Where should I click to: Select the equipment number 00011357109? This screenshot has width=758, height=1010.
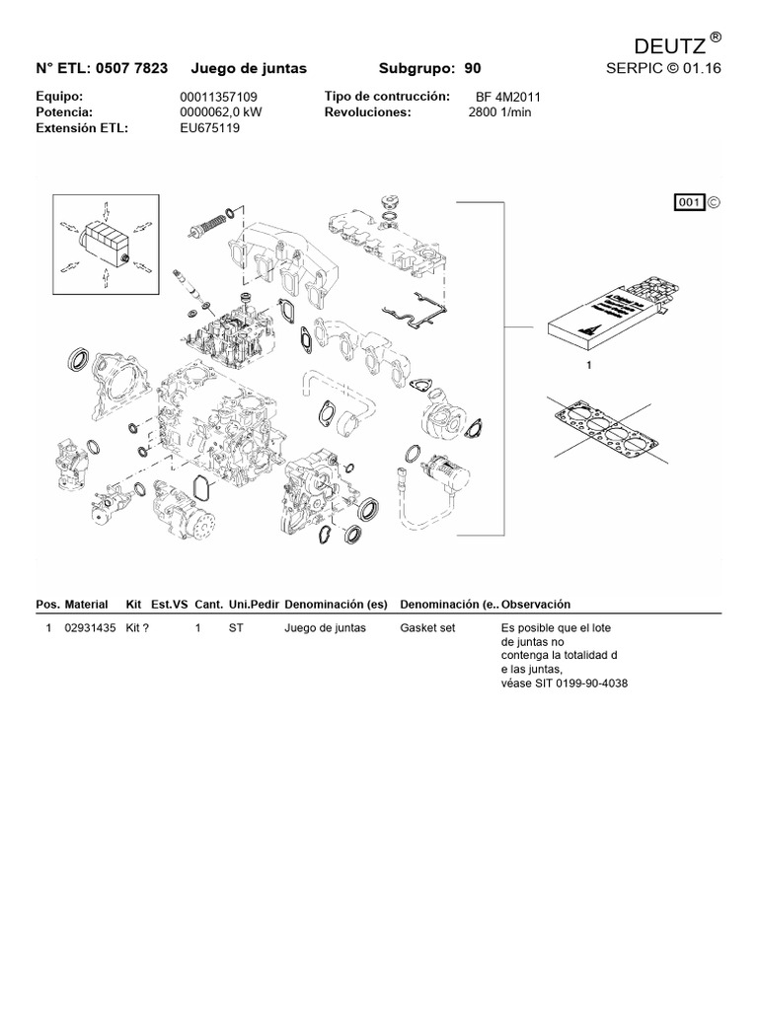point(218,98)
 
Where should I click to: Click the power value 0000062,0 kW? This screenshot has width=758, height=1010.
point(220,112)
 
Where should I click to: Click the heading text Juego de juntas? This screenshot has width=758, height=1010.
point(248,68)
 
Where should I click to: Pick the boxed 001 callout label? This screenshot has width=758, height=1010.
point(688,202)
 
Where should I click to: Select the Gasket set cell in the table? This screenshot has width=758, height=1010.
point(427,627)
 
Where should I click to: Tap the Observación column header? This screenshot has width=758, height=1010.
point(536,604)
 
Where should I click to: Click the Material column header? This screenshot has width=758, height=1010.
point(87,604)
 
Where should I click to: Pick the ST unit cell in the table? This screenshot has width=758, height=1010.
point(235,627)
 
